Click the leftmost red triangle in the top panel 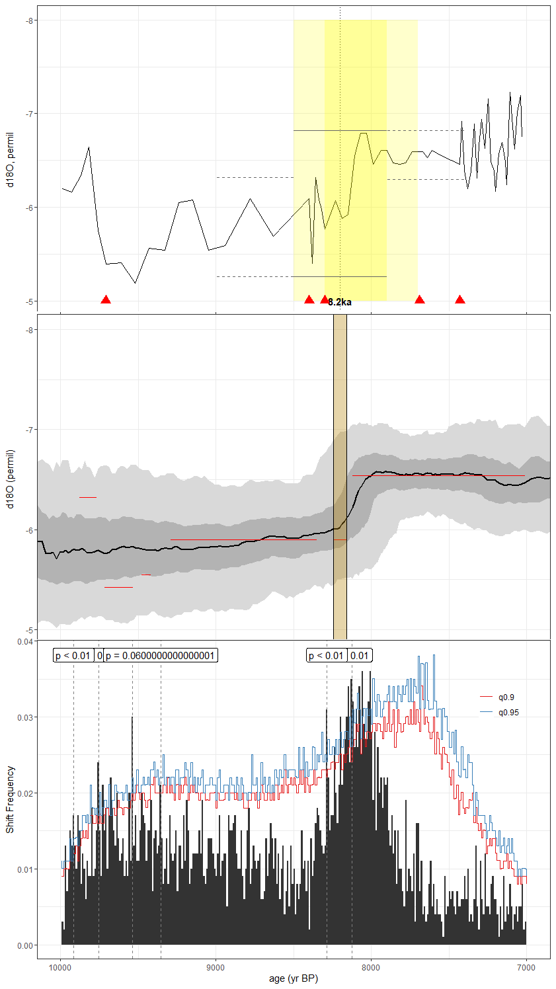click(106, 300)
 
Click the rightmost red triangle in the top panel click(460, 300)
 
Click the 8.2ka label click(340, 302)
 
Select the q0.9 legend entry click(506, 697)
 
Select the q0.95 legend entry click(508, 713)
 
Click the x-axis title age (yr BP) click(294, 978)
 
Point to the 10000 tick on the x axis click(61, 968)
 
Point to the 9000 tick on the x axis click(216, 968)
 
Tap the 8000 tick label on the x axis click(371, 968)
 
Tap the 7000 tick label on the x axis click(526, 968)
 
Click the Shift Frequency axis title click(10, 799)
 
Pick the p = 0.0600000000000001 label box click(161, 656)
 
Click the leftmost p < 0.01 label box click(73, 656)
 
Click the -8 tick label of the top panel click(30, 20)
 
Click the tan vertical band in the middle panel click(340, 476)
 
